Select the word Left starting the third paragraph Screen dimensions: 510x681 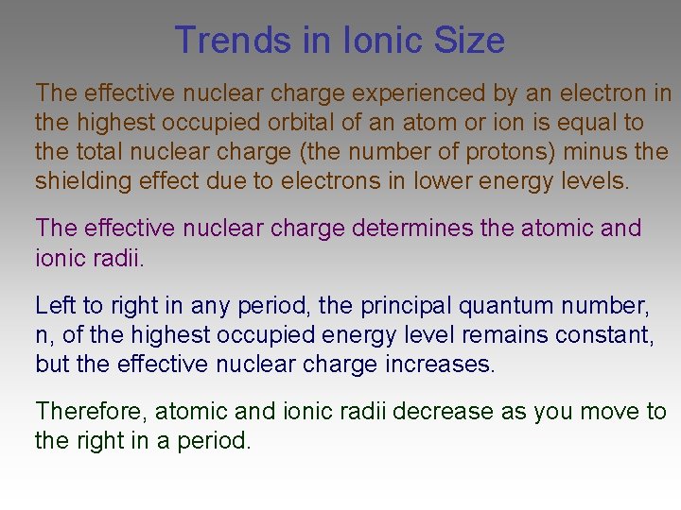pos(53,306)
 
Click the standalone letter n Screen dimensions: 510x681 pos(42,335)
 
